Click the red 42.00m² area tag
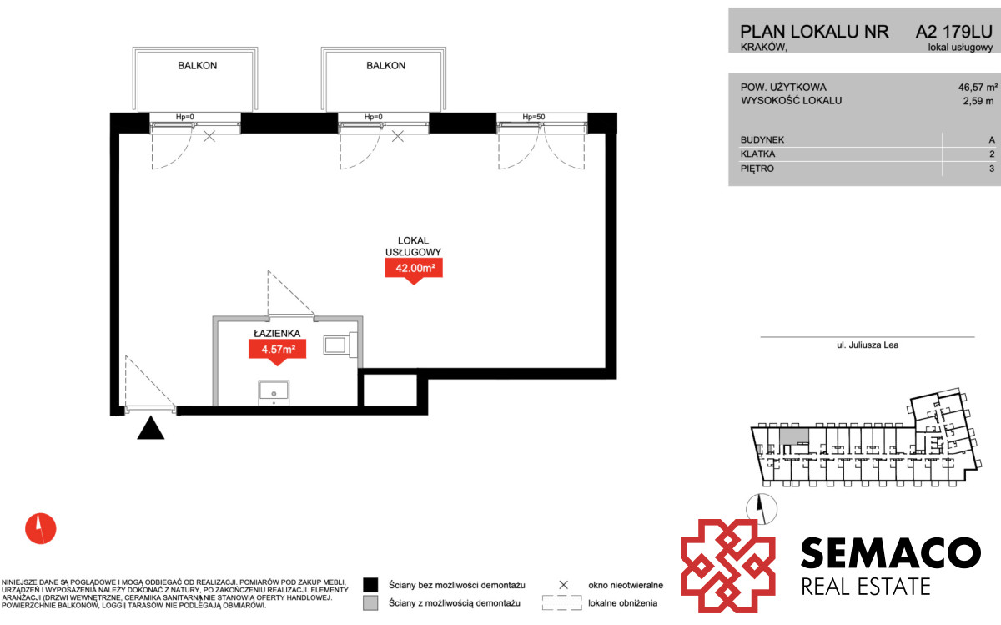(414, 270)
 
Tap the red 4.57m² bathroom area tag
(277, 351)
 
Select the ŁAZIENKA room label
(277, 333)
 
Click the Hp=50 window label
(534, 117)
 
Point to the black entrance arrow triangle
(151, 428)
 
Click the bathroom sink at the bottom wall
(274, 393)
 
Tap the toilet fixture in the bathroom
(340, 345)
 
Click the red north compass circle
(41, 528)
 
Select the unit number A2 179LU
(954, 32)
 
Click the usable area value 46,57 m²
(978, 87)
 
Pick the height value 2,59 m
(978, 101)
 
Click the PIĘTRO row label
(757, 169)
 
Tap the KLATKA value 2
(992, 154)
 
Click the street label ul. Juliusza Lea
(868, 345)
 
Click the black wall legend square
(370, 585)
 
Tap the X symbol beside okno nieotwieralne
(564, 585)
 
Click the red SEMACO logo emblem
(727, 566)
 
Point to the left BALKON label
(198, 66)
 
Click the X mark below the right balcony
(398, 136)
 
